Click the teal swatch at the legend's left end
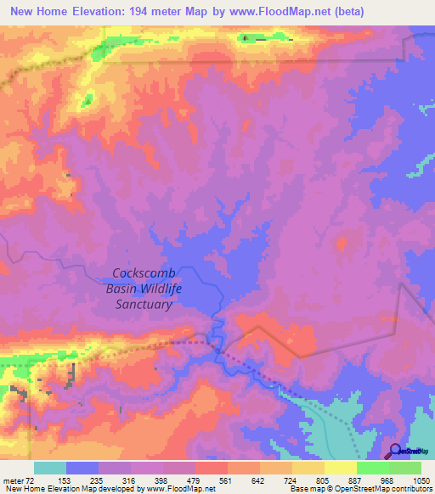[x=50, y=468]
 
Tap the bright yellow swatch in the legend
[x=341, y=468]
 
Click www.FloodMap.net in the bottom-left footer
[x=180, y=489]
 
